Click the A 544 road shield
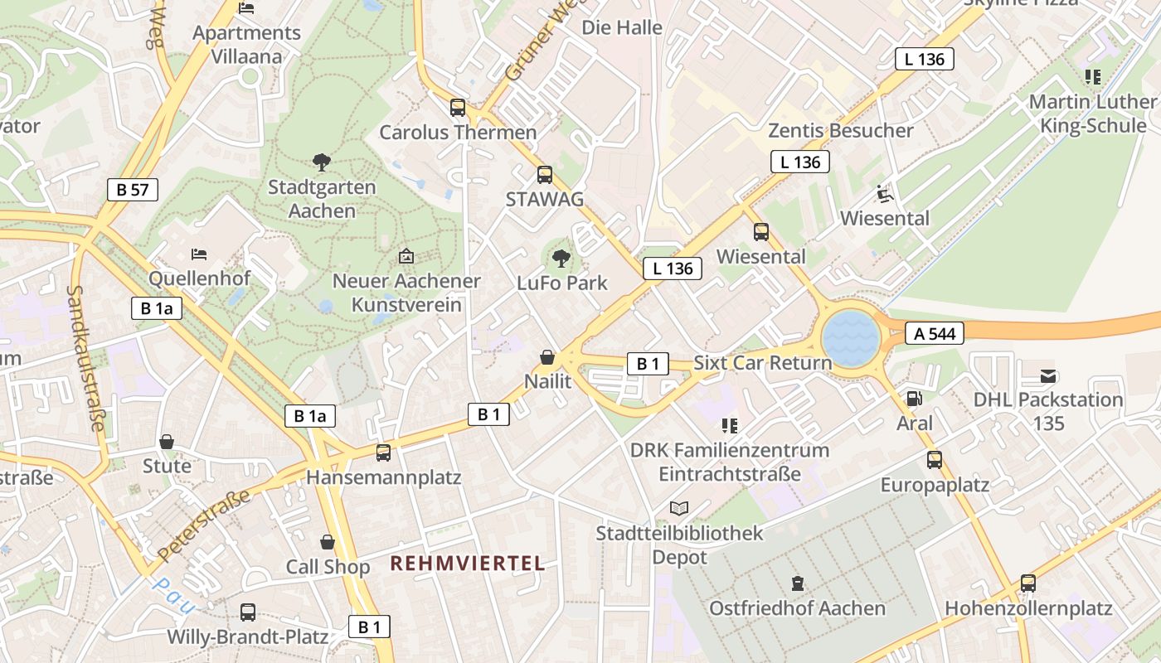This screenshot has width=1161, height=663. tap(935, 334)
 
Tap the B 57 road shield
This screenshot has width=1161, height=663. tap(133, 190)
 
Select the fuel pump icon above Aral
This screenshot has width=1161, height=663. tap(914, 399)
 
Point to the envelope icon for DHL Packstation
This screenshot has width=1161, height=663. tap(1048, 375)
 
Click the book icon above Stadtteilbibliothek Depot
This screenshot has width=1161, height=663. tap(679, 508)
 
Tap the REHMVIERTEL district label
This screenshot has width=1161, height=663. tap(468, 564)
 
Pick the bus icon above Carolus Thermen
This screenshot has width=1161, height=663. tap(458, 107)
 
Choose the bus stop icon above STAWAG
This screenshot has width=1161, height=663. tap(545, 175)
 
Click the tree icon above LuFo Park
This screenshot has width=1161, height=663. tap(561, 258)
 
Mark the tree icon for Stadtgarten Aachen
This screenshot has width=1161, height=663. tap(321, 162)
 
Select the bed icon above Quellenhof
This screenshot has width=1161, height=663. tap(199, 254)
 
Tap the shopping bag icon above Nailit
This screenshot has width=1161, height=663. tap(547, 357)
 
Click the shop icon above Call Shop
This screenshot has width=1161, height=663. tap(328, 542)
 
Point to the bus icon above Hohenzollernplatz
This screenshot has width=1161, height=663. tap(1028, 583)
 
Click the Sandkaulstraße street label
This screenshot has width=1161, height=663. tap(87, 358)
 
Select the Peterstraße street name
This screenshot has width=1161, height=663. tap(203, 525)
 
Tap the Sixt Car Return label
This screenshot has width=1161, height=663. tap(762, 363)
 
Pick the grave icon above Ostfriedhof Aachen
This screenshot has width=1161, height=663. tap(797, 583)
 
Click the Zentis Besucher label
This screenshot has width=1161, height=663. tap(840, 131)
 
